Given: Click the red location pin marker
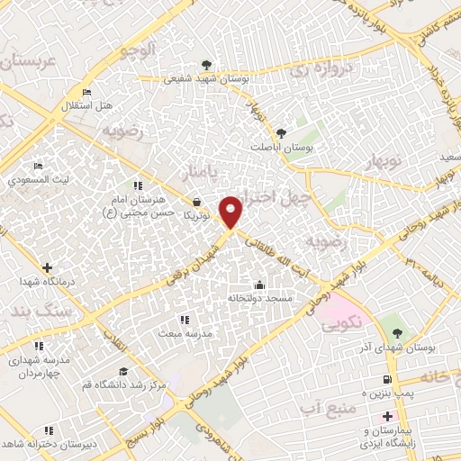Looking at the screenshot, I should pos(231,211).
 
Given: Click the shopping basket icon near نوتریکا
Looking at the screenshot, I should pos(196,202).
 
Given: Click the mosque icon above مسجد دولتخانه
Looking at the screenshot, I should pos(259,285).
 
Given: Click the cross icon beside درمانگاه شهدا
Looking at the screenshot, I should pos(47,267).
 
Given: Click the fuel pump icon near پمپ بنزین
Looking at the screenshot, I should pos(387,380).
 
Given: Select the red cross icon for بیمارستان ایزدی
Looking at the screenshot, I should pos(387,417).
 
